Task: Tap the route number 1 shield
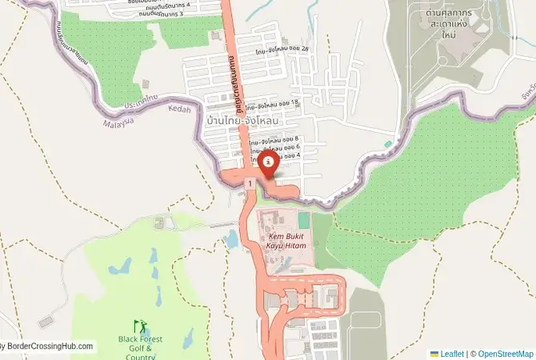tap(250, 184)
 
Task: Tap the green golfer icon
tap(141, 326)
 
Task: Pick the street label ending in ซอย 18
tap(273, 105)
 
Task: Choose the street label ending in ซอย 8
tap(274, 139)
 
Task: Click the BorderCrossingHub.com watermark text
tap(48, 347)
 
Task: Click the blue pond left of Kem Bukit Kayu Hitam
tap(231, 238)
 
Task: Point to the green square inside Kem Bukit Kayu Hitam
tap(304, 218)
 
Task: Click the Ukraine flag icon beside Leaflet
tap(434, 353)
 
